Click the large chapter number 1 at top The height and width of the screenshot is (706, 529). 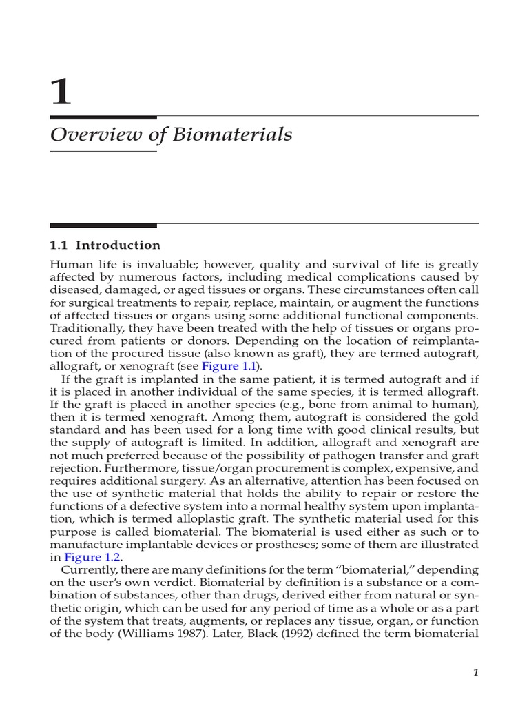click(x=61, y=92)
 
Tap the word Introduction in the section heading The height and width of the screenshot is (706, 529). click(x=118, y=245)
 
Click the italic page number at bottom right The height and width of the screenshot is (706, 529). click(x=475, y=673)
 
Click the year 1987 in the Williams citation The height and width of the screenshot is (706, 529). click(x=187, y=634)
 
